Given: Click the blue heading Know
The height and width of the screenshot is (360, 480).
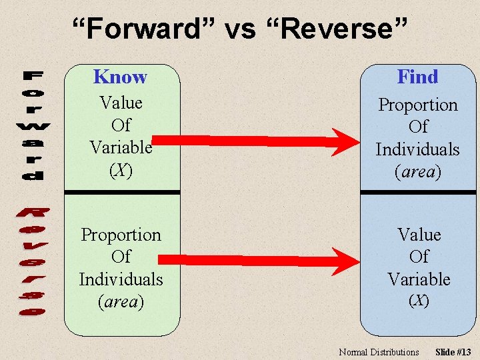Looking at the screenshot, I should (x=120, y=77).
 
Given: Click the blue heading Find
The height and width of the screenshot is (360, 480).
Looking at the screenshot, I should (x=417, y=77).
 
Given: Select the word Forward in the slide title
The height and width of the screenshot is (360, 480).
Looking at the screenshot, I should (x=143, y=29).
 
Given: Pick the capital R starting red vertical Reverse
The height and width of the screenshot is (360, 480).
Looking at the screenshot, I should (x=31, y=214).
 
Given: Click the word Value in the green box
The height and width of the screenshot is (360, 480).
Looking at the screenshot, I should (x=121, y=103).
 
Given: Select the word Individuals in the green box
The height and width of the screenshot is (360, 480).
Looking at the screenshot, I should (x=121, y=279).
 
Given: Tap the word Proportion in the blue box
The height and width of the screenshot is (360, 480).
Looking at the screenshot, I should (x=418, y=105).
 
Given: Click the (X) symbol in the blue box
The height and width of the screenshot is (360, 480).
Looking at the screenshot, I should (x=419, y=301).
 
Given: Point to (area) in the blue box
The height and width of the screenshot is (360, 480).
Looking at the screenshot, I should (x=418, y=172).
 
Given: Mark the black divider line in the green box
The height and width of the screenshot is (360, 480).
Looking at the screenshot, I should (x=121, y=192).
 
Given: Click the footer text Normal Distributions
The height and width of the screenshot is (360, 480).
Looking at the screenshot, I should (x=379, y=352).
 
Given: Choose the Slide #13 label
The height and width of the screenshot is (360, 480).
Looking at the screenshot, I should (x=453, y=352).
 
